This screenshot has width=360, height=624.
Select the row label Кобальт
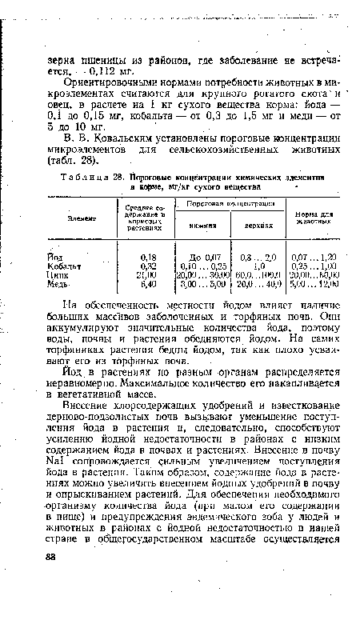point(62,265)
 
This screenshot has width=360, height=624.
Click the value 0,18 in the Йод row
point(147,256)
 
